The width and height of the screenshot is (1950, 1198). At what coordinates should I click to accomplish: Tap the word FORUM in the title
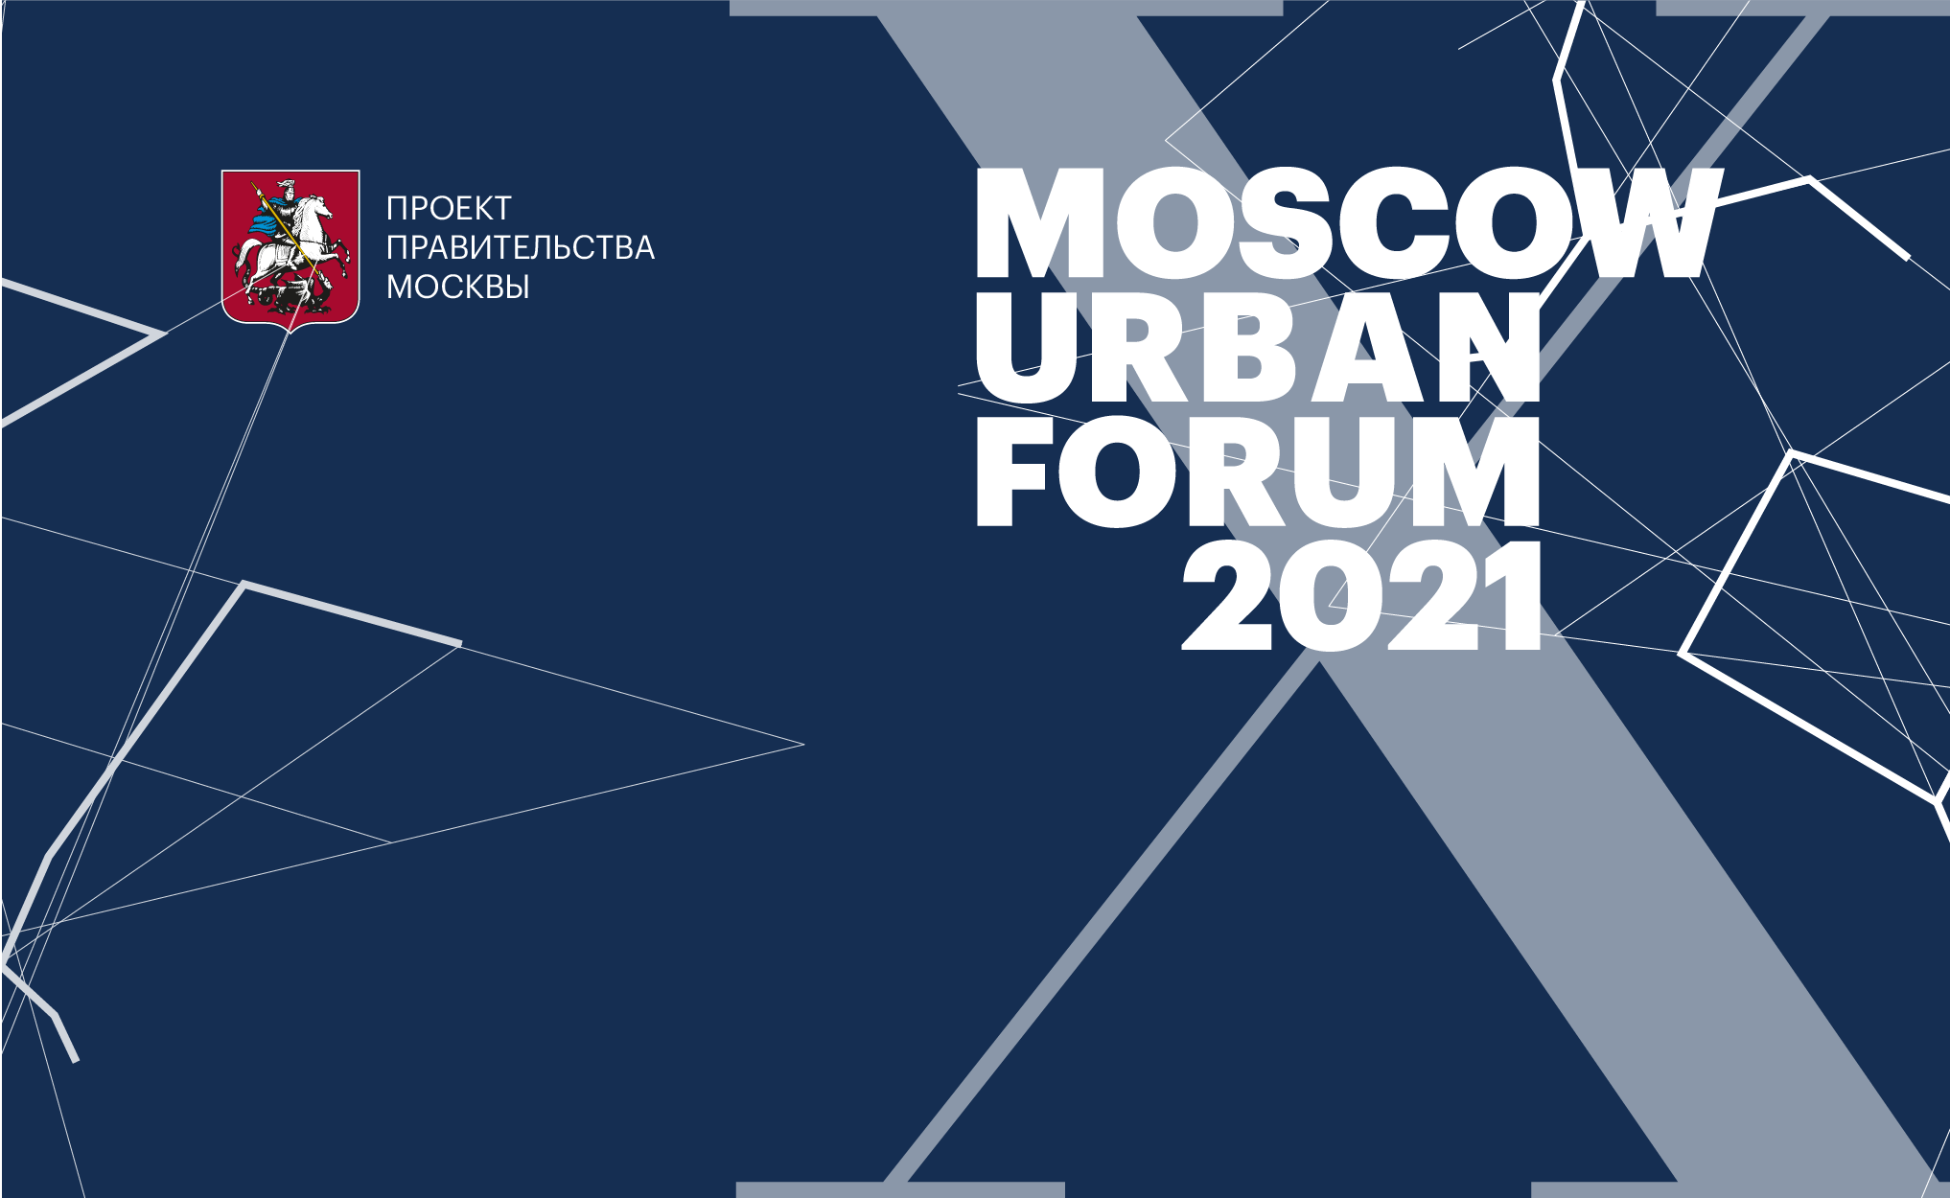coord(1257,472)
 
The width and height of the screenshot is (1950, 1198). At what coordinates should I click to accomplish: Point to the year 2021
coord(1361,596)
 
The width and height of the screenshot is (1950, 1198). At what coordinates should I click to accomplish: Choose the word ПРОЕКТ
coord(449,208)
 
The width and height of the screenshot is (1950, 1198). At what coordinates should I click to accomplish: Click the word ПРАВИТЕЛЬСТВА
coord(521,247)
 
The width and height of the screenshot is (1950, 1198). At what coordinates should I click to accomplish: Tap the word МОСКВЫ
coord(458,287)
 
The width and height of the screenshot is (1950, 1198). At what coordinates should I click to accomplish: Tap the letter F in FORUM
coord(1012,472)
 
